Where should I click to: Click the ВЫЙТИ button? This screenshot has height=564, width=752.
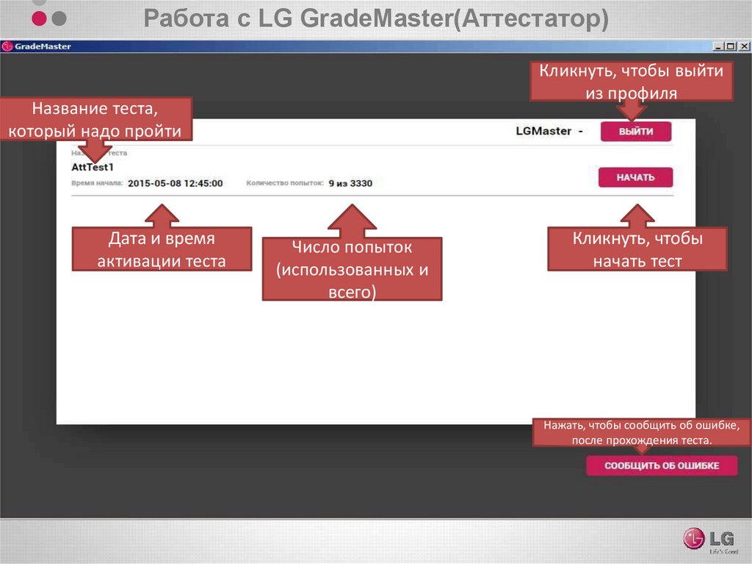[x=636, y=132]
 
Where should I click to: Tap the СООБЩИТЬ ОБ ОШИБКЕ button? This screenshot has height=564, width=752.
[x=661, y=466]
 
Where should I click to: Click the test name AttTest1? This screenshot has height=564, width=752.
[x=93, y=168]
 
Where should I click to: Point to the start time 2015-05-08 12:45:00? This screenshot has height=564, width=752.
[x=175, y=183]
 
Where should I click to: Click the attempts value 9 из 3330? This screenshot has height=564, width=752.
[x=350, y=183]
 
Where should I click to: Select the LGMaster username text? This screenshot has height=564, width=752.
[x=543, y=131]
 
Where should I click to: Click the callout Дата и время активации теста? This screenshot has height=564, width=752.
[x=162, y=250]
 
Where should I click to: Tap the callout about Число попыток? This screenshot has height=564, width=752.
[x=352, y=269]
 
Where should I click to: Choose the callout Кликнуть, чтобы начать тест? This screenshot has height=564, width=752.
[x=637, y=250]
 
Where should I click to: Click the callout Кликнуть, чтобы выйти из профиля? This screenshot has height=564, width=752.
[x=632, y=82]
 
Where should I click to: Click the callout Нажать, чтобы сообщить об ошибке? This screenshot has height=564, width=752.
[x=642, y=433]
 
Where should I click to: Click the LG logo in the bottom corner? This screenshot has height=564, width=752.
[x=705, y=538]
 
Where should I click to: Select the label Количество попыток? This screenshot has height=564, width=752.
[x=285, y=183]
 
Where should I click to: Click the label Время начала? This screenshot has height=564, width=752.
[x=98, y=183]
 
